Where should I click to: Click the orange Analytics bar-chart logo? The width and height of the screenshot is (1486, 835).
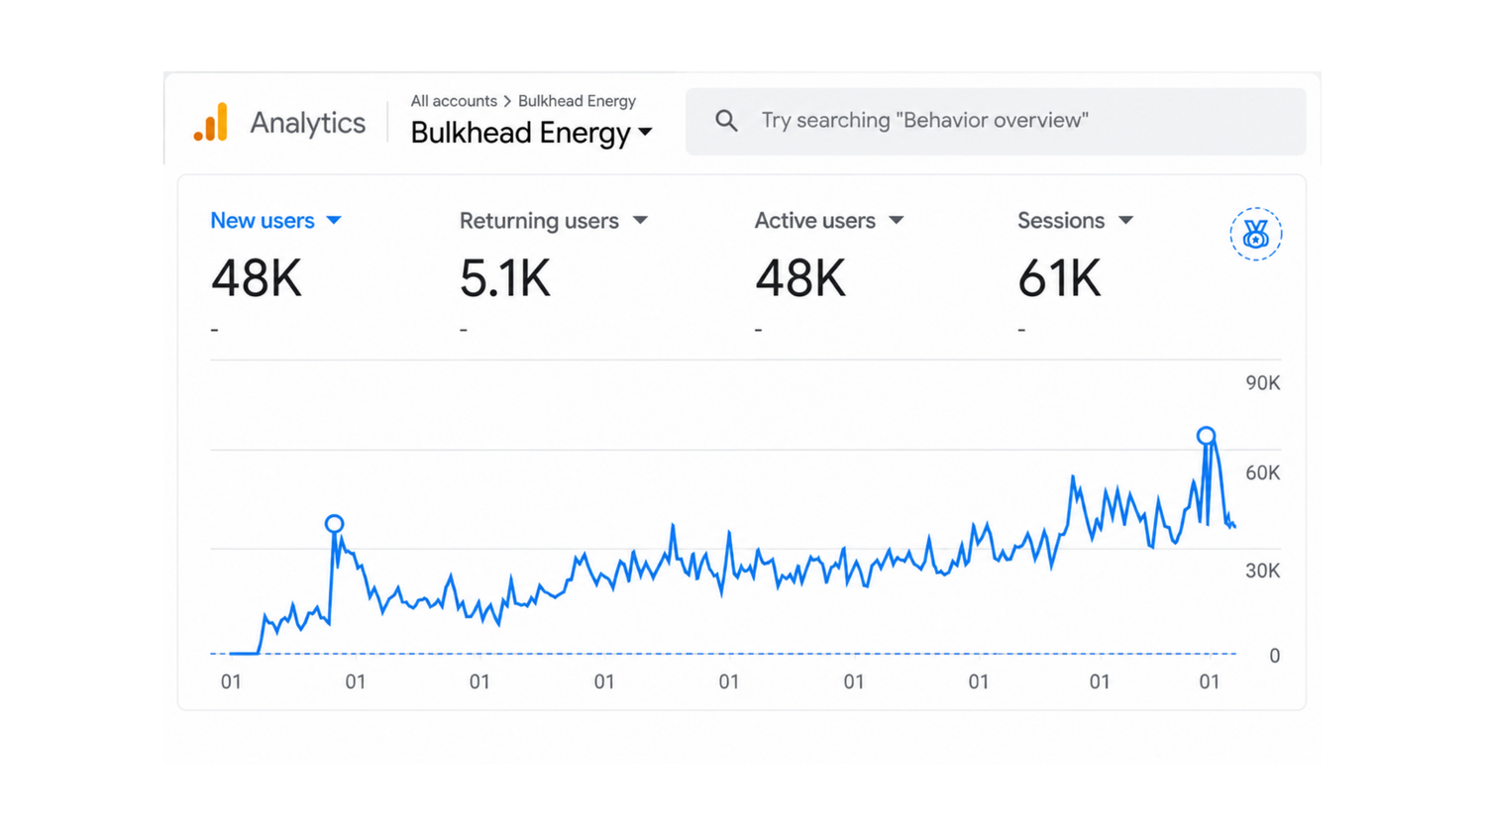point(211,122)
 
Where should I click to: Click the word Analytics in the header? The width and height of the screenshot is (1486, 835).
point(307,123)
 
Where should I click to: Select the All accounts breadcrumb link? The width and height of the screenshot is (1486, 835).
point(454,101)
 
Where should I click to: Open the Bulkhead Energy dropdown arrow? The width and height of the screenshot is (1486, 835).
point(645,132)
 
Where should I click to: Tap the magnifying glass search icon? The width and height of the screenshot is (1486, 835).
point(726,121)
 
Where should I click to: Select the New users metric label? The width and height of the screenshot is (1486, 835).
point(263,220)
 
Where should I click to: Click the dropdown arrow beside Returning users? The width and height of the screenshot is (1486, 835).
point(640,220)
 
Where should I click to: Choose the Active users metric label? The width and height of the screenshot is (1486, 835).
point(814,220)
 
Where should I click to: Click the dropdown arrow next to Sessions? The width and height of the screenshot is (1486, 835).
point(1125,220)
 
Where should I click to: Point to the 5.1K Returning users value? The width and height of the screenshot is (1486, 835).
point(505,278)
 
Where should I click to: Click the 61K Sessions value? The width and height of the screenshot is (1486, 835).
point(1059,278)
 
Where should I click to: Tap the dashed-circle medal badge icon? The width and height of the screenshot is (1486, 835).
point(1256,234)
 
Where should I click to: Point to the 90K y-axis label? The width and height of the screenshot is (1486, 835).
point(1262,382)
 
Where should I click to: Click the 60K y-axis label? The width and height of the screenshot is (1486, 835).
point(1262,472)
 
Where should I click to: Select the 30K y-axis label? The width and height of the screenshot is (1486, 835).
point(1262,572)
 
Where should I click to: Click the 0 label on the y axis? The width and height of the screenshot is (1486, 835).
point(1274,656)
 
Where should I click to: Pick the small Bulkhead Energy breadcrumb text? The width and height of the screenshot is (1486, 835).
point(577,101)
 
